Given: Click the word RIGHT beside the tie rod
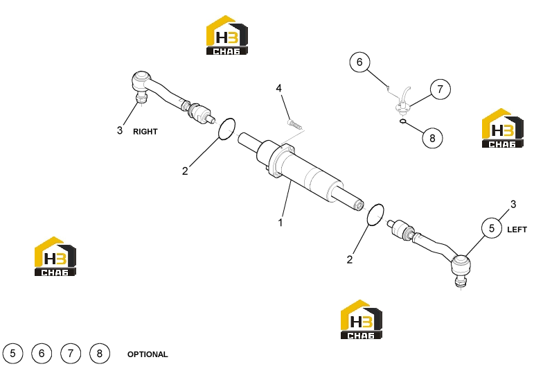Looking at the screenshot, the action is click(145, 132).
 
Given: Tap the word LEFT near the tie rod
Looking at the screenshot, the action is click(517, 230).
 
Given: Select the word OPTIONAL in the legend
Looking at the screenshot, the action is click(148, 354).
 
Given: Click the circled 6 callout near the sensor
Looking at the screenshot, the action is click(359, 62).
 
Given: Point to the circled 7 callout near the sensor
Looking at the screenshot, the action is click(440, 89).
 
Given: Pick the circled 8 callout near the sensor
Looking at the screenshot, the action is click(432, 138).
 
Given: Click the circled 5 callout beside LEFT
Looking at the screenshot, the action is click(492, 229).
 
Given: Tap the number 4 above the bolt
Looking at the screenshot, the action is click(278, 89).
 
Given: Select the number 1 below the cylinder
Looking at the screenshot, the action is click(281, 223).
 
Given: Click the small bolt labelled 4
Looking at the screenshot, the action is click(292, 123).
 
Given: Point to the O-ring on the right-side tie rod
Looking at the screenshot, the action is click(227, 129).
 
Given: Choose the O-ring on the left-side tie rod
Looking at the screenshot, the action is click(375, 215).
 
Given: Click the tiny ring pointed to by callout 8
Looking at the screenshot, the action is click(402, 121).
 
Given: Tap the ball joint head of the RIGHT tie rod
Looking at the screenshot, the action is click(141, 80).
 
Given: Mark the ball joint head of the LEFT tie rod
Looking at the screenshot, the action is click(461, 265).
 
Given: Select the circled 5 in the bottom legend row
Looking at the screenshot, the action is click(12, 354).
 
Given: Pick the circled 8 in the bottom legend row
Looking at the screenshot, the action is click(100, 354).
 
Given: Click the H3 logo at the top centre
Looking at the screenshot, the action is click(227, 35).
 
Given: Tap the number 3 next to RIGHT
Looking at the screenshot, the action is click(119, 130).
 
